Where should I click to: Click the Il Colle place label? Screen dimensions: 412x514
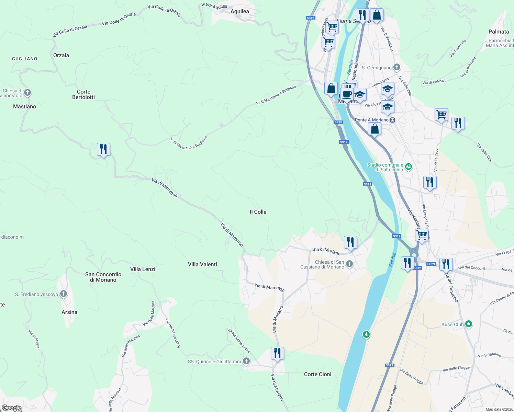(258, 212)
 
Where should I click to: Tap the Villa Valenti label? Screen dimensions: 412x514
(202, 264)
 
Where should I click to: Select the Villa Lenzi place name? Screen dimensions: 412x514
(143, 269)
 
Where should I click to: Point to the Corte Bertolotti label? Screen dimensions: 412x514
(83, 94)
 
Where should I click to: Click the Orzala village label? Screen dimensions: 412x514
(61, 55)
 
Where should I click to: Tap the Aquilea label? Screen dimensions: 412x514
(239, 11)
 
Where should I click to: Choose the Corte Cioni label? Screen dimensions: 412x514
(317, 374)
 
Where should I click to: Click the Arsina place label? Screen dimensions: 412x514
(69, 312)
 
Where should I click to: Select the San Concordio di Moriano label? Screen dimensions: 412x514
(103, 277)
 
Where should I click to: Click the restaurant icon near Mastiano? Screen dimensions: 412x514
(103, 149)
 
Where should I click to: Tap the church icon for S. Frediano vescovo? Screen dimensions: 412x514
(63, 294)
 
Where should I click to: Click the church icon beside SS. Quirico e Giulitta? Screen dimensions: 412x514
(246, 361)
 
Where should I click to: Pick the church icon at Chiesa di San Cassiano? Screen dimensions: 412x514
(349, 264)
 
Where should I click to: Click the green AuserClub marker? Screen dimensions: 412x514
(469, 324)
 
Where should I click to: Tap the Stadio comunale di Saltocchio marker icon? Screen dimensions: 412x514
(408, 167)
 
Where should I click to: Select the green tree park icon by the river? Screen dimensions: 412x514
(366, 334)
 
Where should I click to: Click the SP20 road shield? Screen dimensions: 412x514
(338, 122)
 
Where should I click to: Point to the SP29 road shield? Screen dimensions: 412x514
(431, 264)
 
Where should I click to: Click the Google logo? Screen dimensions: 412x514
(12, 408)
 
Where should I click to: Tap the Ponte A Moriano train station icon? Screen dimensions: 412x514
(392, 120)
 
